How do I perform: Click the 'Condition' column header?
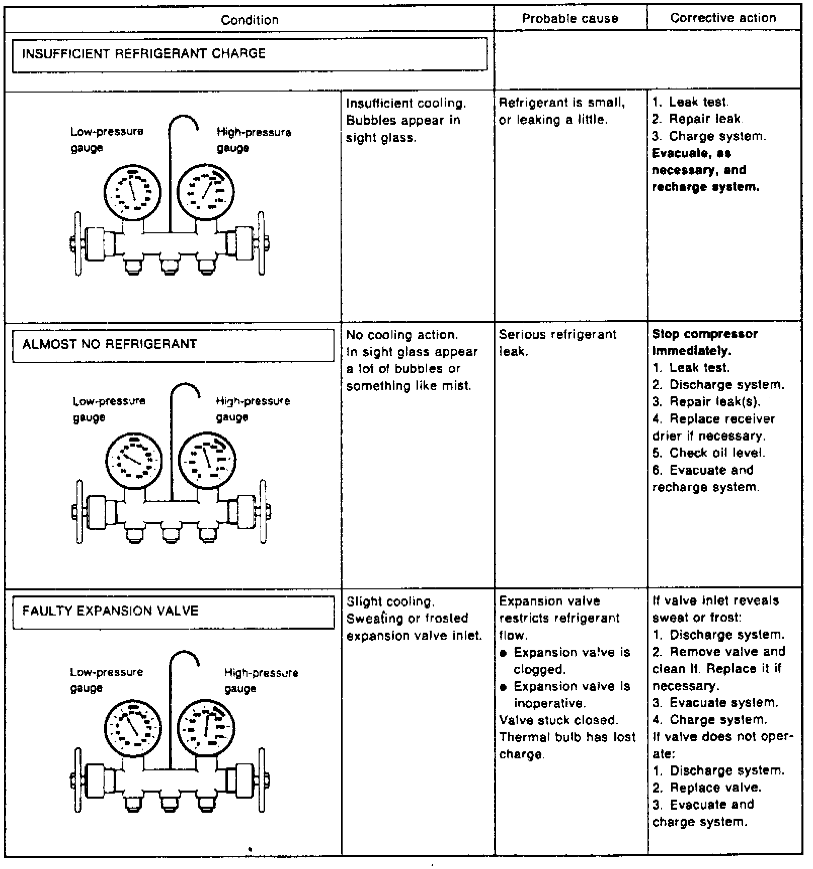pos(250,20)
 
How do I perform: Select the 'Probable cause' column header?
pos(570,19)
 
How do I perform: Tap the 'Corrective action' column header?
pos(723,18)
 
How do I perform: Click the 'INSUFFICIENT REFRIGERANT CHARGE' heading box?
pos(250,54)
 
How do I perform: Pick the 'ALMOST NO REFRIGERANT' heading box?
pos(173,344)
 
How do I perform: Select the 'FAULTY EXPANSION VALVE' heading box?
pos(173,612)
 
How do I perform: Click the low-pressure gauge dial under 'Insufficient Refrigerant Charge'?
pos(132,192)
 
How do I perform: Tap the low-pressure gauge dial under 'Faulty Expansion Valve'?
pos(133,727)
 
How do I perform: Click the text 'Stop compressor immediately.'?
pos(704,342)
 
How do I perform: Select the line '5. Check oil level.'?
pos(708,453)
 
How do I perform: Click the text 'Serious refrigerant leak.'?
pos(557,343)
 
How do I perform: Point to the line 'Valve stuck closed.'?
pos(558,720)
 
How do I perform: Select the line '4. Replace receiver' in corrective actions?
pos(713,419)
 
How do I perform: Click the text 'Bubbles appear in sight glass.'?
pos(403,129)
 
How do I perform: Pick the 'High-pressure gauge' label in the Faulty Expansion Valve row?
pos(261,680)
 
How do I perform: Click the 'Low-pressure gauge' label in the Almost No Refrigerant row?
pos(109,409)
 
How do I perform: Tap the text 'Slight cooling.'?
pos(390,602)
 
